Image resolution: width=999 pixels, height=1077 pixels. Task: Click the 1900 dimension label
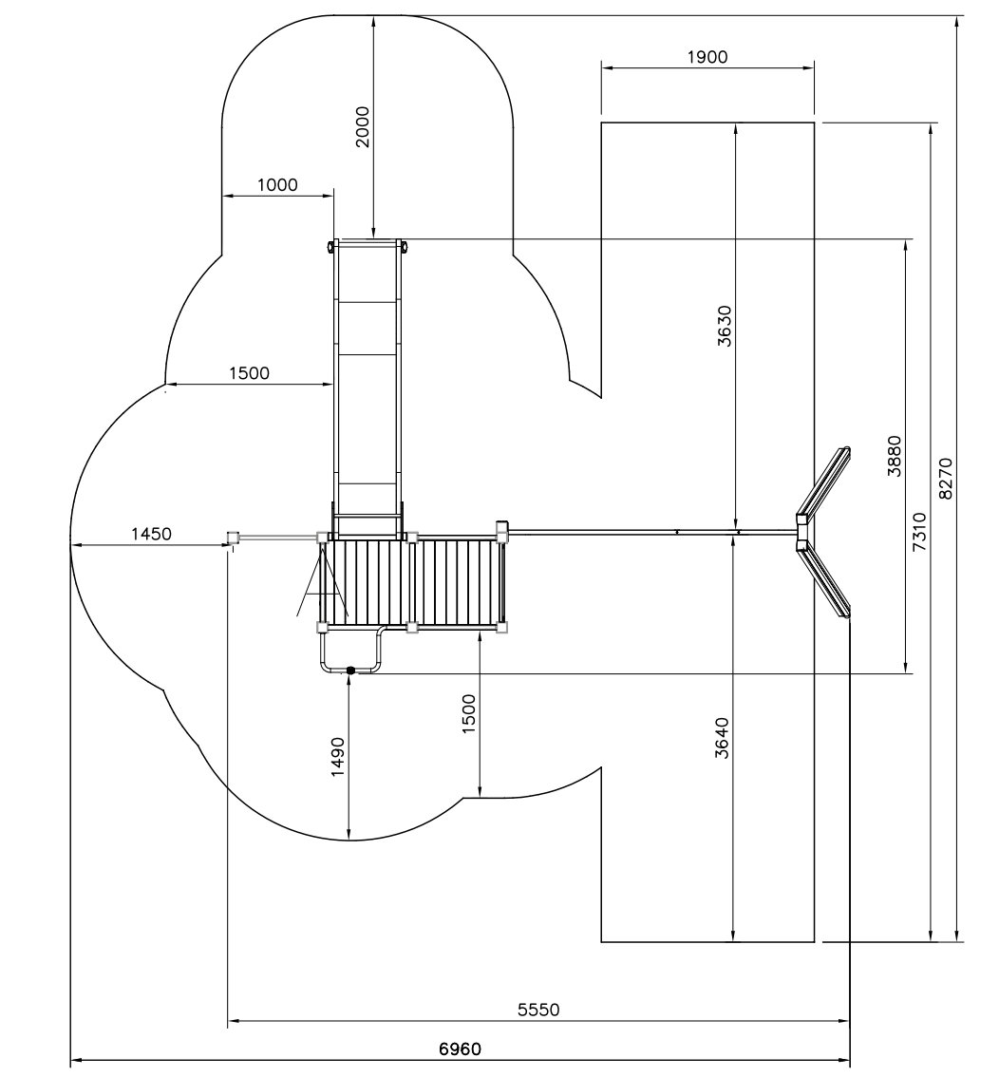point(707,56)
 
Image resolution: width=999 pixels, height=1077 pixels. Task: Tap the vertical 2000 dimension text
point(362,126)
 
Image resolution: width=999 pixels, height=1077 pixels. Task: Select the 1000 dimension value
point(277,185)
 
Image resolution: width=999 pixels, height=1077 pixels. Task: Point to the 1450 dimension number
point(151,534)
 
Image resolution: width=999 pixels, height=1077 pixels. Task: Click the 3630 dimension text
point(725,326)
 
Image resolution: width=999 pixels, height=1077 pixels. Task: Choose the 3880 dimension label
point(894,456)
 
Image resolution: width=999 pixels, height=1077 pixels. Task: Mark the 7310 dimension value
point(919,531)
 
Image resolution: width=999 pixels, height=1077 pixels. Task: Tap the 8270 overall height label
point(946,478)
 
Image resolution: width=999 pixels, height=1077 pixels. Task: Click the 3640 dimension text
point(722,738)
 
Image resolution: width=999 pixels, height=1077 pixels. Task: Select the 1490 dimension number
point(337,757)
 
